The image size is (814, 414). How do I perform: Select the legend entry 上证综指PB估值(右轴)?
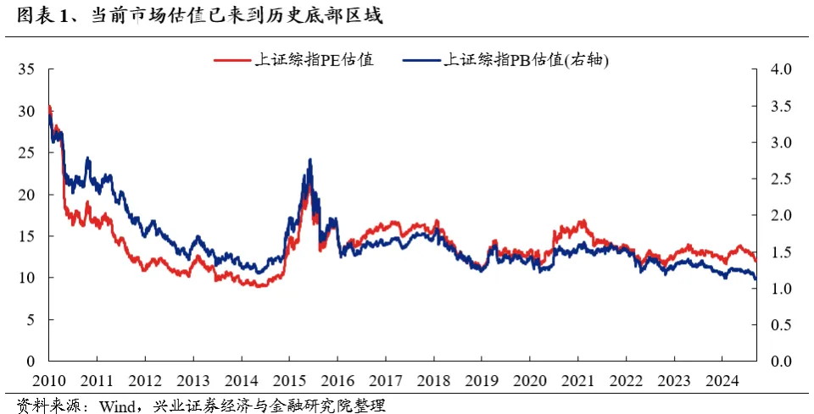click(x=527, y=60)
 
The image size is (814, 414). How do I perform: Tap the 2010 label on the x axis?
click(x=49, y=379)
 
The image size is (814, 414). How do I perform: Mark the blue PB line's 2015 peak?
click(x=310, y=159)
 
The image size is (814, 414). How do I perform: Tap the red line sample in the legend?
click(x=231, y=60)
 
